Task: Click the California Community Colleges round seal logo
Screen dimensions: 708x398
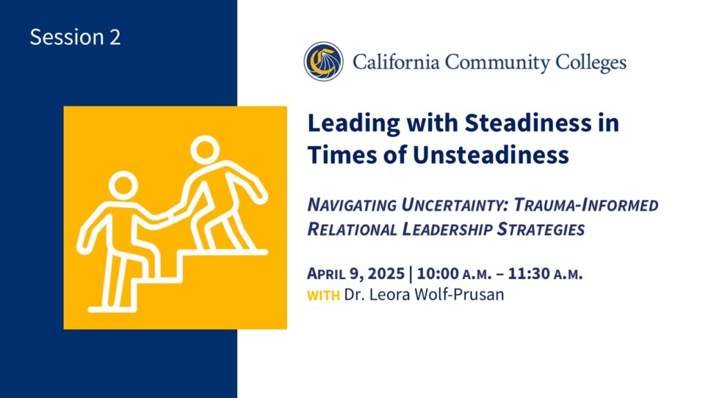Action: tap(324, 61)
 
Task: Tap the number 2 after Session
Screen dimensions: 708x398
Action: tap(115, 37)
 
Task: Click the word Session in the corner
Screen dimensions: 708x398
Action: tap(67, 37)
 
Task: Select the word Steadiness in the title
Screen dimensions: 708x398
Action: tap(528, 122)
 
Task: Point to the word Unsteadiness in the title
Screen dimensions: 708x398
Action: tap(491, 155)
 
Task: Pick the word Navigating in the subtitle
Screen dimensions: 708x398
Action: tap(352, 205)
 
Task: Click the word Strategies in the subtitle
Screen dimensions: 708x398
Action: tap(541, 229)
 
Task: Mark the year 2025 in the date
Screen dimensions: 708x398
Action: tap(386, 274)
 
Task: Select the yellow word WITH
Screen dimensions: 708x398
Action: tap(324, 296)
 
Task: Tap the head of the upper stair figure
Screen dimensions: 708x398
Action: tap(205, 150)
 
